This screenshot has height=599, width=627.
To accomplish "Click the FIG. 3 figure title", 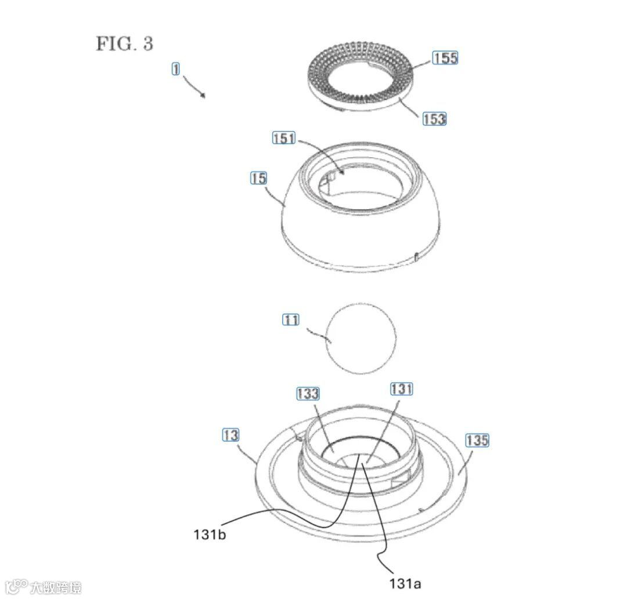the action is [124, 43].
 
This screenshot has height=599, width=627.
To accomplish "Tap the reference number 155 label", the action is [445, 58].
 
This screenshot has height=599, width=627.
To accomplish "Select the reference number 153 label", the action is [434, 119].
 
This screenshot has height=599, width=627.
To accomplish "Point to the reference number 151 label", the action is [284, 138].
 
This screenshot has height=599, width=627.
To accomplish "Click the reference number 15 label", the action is [258, 177].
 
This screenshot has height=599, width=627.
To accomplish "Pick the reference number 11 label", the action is [291, 320].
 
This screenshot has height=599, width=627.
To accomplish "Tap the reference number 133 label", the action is [308, 393].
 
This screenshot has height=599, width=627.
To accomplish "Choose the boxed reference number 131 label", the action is [402, 389].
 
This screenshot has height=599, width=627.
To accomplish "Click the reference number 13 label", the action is [230, 435].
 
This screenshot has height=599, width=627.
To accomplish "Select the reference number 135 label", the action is [477, 441].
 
